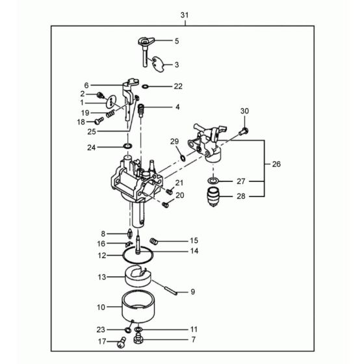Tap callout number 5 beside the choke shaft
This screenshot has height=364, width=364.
(175, 41)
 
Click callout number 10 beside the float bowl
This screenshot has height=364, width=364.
(101, 306)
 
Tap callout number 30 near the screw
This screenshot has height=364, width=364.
(244, 111)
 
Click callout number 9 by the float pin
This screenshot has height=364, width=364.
(192, 292)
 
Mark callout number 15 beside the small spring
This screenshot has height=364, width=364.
(193, 240)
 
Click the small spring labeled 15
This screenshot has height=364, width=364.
(154, 242)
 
